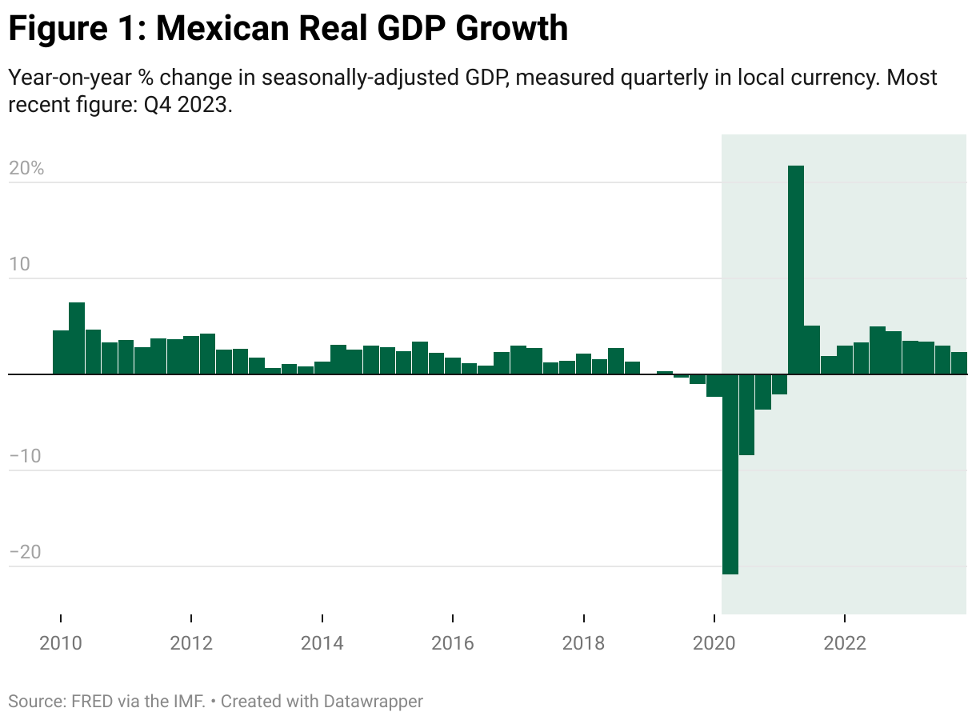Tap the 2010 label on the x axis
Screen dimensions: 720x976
point(61,644)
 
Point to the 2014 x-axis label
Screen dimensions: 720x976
point(322,644)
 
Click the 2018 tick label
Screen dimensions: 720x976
point(584,644)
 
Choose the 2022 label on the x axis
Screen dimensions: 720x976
point(845,644)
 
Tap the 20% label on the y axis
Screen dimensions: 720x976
point(26,169)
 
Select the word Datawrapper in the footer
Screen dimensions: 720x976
point(373,702)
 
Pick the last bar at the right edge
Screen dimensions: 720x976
point(958,363)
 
